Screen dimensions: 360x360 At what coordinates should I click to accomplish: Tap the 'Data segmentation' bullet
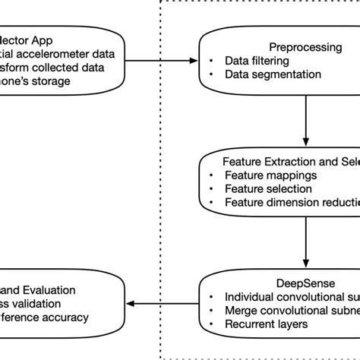click(273, 74)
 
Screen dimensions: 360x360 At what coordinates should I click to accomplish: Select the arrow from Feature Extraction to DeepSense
click(305, 242)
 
